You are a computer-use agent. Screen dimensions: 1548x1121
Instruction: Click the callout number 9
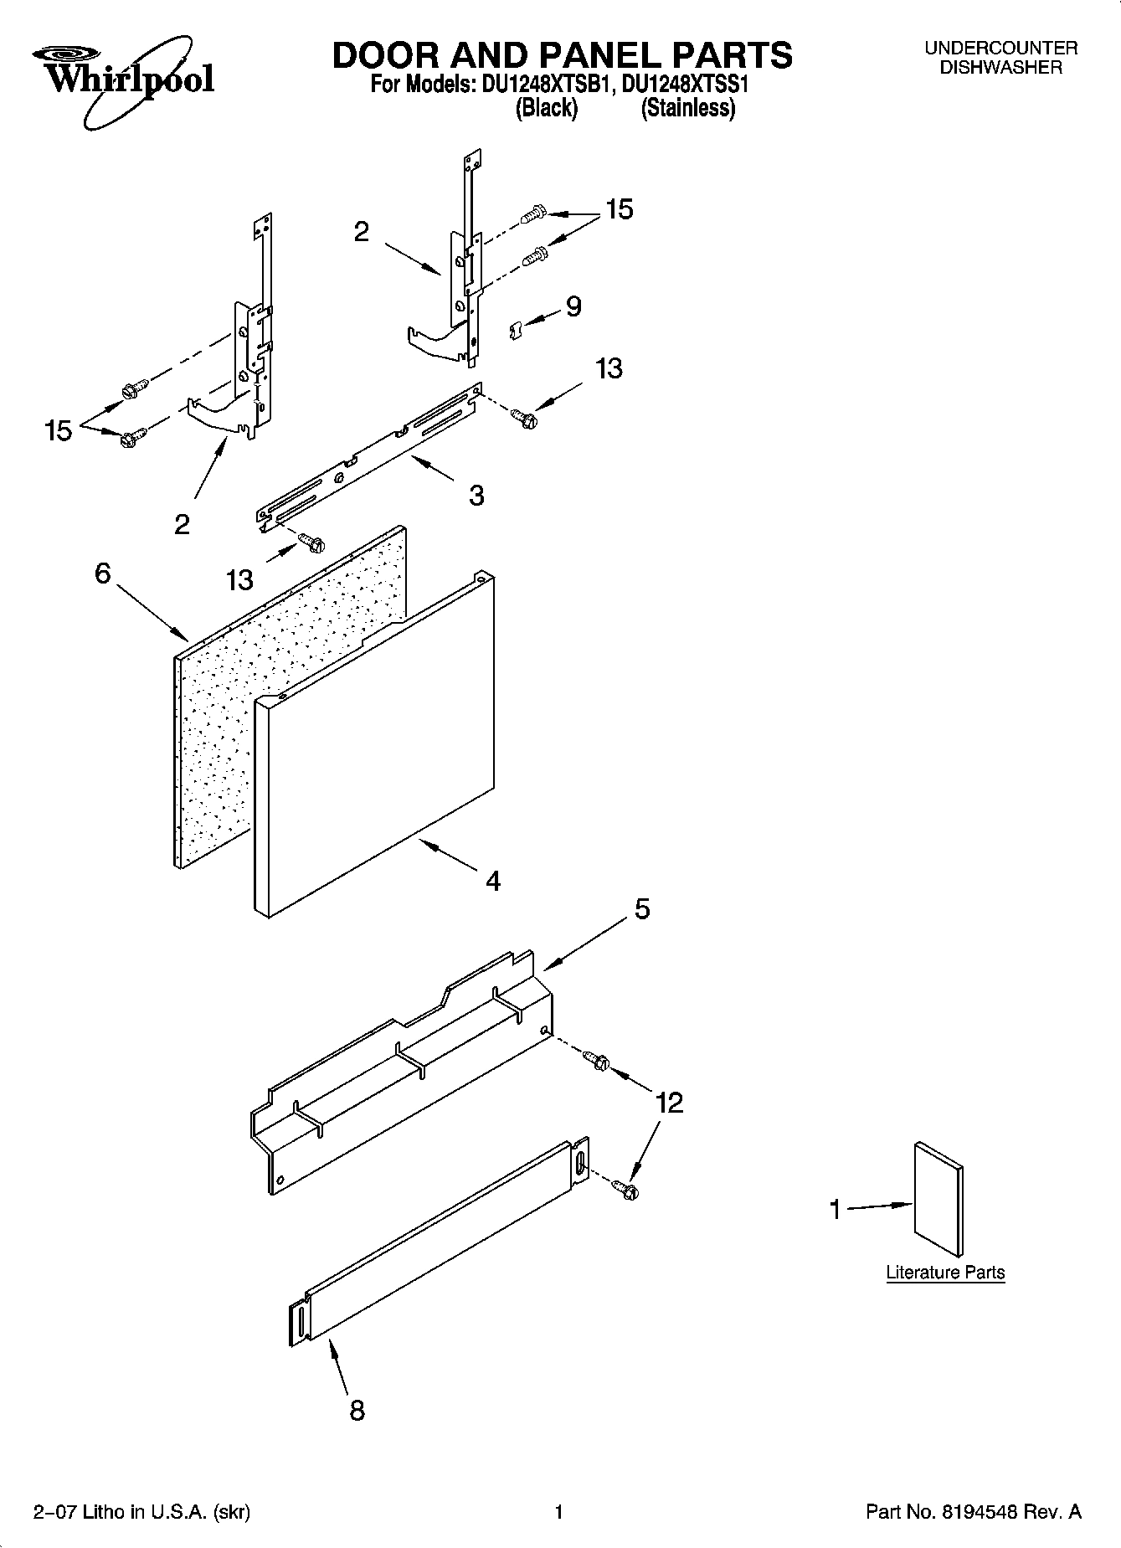(x=573, y=307)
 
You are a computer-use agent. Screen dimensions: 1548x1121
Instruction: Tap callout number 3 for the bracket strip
(x=476, y=496)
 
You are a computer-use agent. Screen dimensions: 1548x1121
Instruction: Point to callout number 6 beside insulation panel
(x=102, y=573)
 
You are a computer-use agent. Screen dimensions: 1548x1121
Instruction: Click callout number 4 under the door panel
(x=493, y=880)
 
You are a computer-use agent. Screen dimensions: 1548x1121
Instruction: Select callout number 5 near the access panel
(x=641, y=909)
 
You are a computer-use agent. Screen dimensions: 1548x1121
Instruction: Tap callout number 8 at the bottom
(x=357, y=1412)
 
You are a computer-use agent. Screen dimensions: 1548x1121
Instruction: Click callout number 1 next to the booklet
(x=834, y=1209)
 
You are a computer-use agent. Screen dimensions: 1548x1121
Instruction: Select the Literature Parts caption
(x=945, y=1273)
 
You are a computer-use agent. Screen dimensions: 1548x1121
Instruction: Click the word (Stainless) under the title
(x=687, y=109)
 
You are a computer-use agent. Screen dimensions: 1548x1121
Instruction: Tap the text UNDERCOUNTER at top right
(x=1000, y=49)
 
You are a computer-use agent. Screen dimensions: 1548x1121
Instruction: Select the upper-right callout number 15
(x=619, y=209)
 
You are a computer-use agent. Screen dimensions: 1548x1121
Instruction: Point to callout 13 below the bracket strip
(x=239, y=579)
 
